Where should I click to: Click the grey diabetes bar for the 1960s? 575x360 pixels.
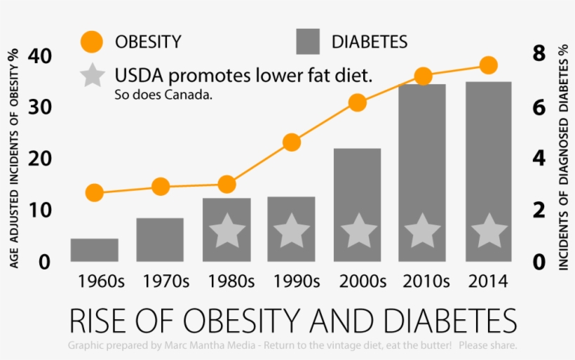coord(94,250)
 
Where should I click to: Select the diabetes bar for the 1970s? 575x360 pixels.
coord(160,239)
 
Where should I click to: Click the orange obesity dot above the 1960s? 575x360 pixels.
coord(94,193)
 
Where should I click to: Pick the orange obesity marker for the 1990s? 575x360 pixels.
coord(292,142)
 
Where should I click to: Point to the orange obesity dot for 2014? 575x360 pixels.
coord(489,65)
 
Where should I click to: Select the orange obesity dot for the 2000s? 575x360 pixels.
coord(357,102)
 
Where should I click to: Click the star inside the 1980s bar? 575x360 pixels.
coord(226,231)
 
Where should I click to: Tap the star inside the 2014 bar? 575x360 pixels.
coord(489,231)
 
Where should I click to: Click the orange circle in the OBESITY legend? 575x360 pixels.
coord(92,41)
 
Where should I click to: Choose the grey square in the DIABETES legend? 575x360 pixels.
coord(308,41)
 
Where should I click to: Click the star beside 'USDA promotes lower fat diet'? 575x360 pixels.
coord(92,75)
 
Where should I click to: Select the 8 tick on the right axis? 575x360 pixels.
coord(539,54)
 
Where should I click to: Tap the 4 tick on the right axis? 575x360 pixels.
coord(539,158)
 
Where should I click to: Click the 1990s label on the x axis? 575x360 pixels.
coord(292,282)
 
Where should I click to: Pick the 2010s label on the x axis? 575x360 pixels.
coord(424,282)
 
